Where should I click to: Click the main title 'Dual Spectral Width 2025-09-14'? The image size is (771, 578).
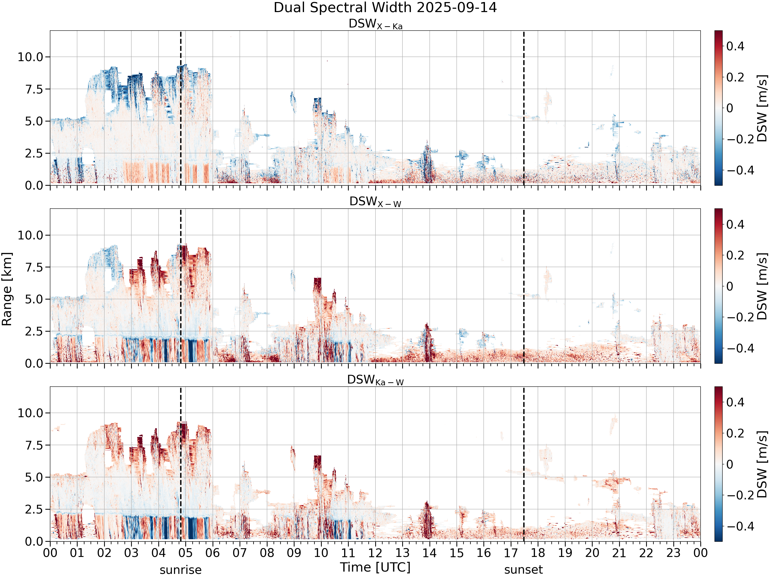pyautogui.click(x=385, y=8)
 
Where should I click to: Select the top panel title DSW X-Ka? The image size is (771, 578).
pyautogui.click(x=375, y=24)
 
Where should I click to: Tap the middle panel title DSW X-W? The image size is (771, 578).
pyautogui.click(x=375, y=202)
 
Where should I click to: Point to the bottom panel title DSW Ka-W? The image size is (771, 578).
pyautogui.click(x=375, y=380)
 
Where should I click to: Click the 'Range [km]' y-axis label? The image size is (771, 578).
pyautogui.click(x=7, y=289)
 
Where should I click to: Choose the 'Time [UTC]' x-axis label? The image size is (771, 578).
pyautogui.click(x=375, y=567)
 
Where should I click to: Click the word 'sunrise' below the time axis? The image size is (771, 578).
pyautogui.click(x=181, y=570)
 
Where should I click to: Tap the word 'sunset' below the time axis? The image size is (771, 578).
pyautogui.click(x=524, y=570)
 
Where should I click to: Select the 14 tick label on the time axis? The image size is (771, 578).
pyautogui.click(x=429, y=553)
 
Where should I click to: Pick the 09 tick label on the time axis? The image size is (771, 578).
pyautogui.click(x=294, y=553)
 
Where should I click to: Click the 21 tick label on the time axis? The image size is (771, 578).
pyautogui.click(x=619, y=553)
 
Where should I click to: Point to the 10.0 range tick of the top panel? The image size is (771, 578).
pyautogui.click(x=30, y=57)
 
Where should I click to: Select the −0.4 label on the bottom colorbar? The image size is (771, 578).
pyautogui.click(x=737, y=526)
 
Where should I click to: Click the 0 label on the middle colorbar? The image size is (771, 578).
pyautogui.click(x=730, y=286)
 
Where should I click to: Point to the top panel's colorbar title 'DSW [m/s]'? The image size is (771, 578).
pyautogui.click(x=762, y=108)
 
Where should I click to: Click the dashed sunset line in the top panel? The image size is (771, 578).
pyautogui.click(x=524, y=108)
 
